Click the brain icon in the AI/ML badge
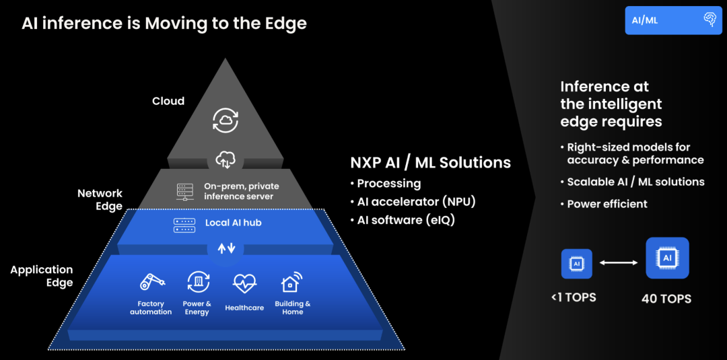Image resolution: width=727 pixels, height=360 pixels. pos(709,20)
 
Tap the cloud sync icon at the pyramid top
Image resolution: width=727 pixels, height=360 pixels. pos(226,120)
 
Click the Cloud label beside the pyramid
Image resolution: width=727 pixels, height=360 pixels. pos(168,101)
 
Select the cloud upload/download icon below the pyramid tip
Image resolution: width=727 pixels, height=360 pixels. pos(226,159)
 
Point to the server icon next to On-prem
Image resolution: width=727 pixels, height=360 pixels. pos(185,191)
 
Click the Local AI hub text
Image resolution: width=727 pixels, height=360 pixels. pos(233,223)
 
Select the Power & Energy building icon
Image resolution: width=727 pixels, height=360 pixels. pos(197,283)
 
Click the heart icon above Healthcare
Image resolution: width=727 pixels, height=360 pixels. pos(244,284)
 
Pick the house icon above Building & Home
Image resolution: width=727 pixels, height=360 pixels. pos(291,283)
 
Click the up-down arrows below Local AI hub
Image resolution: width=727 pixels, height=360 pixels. pos(226,248)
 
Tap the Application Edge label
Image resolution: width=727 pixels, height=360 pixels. pos(42,276)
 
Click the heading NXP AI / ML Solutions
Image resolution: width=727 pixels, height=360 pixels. pos(430,163)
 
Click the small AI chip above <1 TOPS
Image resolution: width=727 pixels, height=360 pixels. pos(576,264)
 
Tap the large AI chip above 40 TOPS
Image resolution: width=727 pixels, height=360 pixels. pos(667,258)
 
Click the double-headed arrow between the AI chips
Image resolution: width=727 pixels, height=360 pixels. pos(619,263)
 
